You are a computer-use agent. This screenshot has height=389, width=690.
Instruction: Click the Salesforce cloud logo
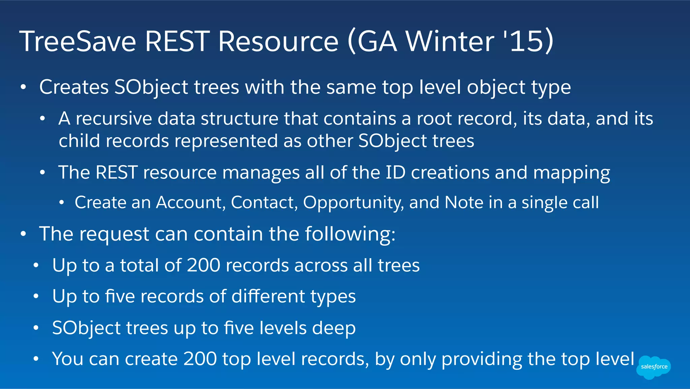click(654, 367)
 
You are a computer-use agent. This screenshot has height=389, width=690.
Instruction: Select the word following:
click(350, 234)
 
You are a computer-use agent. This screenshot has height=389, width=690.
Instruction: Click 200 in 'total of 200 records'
click(203, 265)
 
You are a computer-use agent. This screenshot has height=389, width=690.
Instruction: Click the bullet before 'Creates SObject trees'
click(23, 87)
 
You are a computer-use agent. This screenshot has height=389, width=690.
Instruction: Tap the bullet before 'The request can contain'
click(23, 234)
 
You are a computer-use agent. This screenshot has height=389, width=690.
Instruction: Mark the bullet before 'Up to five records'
click(36, 297)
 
